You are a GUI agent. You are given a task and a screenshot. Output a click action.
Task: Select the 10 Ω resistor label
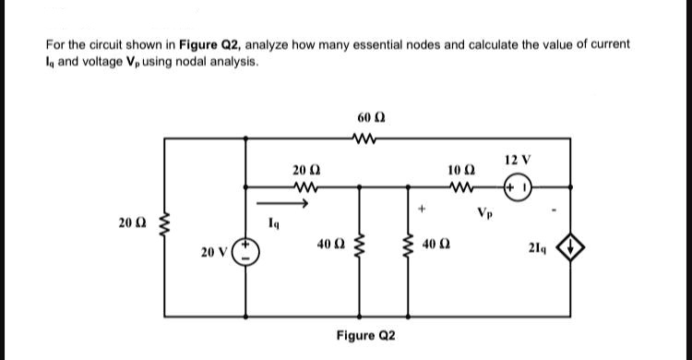click(459, 171)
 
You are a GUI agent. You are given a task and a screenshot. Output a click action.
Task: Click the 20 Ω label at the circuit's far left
click(132, 223)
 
